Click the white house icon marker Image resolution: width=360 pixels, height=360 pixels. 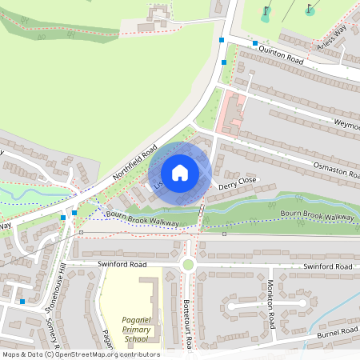point(180,173)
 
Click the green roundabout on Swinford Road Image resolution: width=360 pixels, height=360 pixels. point(188,265)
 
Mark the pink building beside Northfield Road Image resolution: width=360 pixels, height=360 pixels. point(230,112)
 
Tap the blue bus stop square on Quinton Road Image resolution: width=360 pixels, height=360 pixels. point(255,43)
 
